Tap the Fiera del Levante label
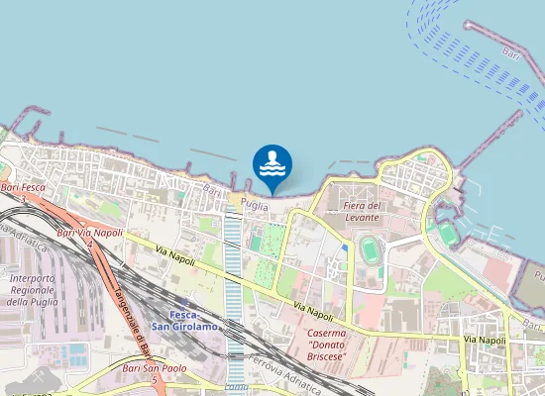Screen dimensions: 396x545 (x=362, y=211)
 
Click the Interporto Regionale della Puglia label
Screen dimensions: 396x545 (x=31, y=290)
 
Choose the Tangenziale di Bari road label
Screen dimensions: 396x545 (x=126, y=316)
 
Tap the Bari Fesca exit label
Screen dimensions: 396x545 (x=24, y=187)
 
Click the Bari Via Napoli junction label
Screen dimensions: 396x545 (x=90, y=232)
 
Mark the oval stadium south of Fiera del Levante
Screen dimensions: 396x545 (x=371, y=247)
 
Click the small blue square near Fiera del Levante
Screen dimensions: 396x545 (x=345, y=247)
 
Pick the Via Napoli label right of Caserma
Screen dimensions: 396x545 (x=485, y=341)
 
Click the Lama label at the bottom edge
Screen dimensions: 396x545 (x=236, y=388)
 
